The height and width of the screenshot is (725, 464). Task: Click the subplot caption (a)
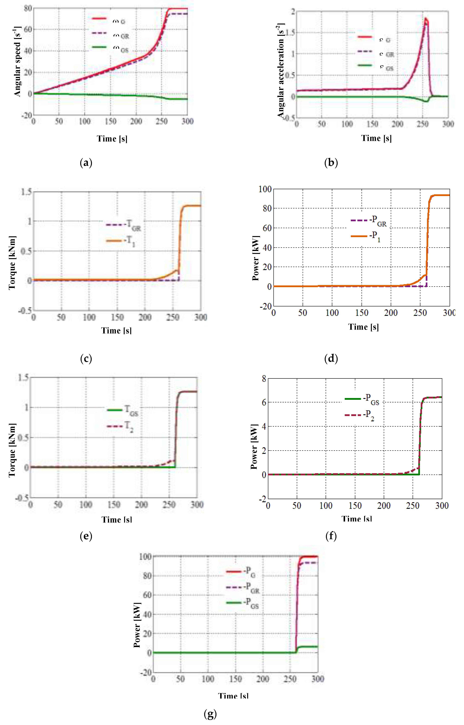(x=86, y=163)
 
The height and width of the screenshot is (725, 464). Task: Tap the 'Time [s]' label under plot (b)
(x=376, y=138)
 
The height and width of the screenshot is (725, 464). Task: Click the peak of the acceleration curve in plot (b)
(x=426, y=19)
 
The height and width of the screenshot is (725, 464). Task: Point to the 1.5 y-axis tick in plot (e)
(x=24, y=378)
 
